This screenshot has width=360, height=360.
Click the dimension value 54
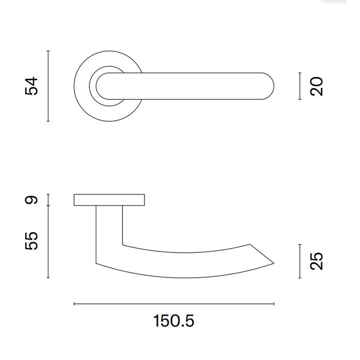[x=32, y=86]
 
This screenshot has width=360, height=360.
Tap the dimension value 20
[x=317, y=86]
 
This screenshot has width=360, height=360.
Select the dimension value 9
[x=32, y=200]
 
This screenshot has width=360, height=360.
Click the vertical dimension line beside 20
[x=300, y=86]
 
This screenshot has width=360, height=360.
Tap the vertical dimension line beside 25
[x=300, y=262]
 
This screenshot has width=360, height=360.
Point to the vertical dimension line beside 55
[x=48, y=241]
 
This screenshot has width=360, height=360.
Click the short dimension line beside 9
[x=48, y=200]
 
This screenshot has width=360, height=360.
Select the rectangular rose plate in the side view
[x=110, y=200]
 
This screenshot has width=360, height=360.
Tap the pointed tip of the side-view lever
[x=273, y=262]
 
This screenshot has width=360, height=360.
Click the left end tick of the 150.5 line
[x=75, y=304]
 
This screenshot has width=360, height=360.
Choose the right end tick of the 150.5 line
[x=275, y=304]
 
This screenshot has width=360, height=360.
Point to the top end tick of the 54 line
[x=48, y=51]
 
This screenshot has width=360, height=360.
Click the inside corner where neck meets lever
[x=123, y=243]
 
